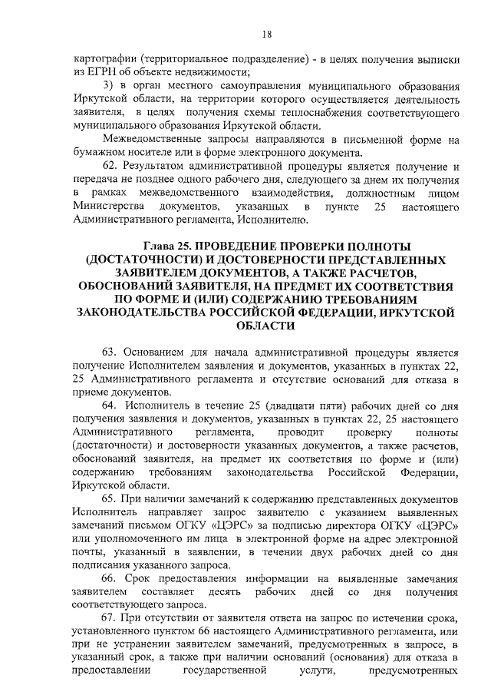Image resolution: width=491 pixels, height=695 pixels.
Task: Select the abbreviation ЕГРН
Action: coord(104,72)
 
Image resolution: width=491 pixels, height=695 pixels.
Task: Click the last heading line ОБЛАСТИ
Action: coord(265,326)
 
